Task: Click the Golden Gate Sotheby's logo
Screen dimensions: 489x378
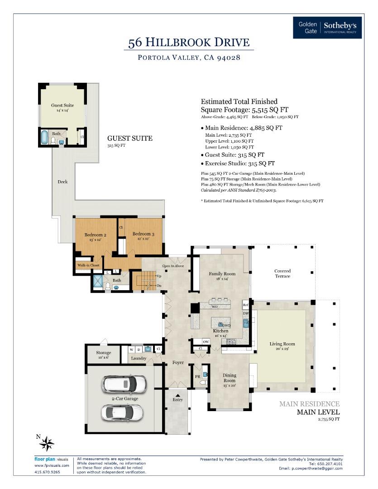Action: [327, 28]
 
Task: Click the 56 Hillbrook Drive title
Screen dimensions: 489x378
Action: [189, 43]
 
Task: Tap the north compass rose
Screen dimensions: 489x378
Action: [47, 443]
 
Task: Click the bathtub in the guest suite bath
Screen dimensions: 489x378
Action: [44, 137]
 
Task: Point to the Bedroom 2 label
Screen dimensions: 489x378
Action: [96, 235]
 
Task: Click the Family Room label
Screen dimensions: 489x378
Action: [222, 274]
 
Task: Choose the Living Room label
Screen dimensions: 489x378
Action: [282, 344]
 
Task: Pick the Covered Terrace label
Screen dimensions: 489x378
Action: [282, 273]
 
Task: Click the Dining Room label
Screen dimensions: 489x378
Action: [230, 378]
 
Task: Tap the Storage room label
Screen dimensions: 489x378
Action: [103, 353]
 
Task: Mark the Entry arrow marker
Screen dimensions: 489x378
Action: [178, 395]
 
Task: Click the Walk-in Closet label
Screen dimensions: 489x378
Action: [88, 265]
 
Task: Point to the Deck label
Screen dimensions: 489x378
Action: [62, 182]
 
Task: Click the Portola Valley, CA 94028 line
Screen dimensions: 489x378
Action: [189, 58]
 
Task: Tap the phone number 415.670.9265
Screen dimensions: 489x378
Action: [48, 472]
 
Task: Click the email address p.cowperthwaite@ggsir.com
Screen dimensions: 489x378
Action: [311, 468]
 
